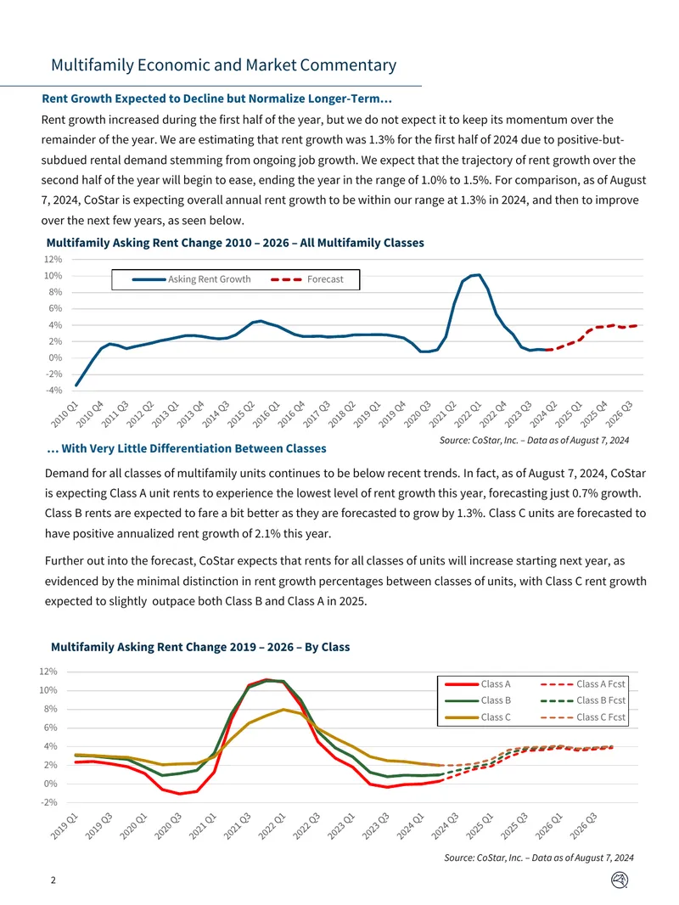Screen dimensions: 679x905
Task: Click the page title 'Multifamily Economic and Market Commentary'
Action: coord(224,65)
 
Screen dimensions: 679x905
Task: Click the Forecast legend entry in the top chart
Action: coord(307,279)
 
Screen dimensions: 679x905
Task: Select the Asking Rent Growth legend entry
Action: coord(192,279)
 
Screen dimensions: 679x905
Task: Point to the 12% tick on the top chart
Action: coord(53,259)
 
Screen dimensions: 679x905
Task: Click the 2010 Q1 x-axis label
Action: coord(64,414)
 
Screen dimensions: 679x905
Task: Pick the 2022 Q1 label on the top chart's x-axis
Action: coord(468,414)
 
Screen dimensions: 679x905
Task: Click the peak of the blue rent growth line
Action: coord(478,275)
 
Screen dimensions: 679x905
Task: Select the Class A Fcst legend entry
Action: coord(582,684)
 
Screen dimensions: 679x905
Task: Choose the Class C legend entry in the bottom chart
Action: coord(478,717)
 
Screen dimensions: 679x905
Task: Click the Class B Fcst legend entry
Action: coord(582,700)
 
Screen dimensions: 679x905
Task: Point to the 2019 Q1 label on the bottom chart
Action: coord(64,826)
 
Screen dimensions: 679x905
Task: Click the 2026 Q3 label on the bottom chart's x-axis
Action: coord(583,826)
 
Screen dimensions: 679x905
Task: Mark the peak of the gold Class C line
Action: coord(283,710)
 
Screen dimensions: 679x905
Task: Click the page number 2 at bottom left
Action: coord(53,880)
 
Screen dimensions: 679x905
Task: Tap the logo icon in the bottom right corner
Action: coord(619,880)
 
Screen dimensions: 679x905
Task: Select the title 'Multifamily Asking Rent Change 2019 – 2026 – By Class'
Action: coord(200,647)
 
